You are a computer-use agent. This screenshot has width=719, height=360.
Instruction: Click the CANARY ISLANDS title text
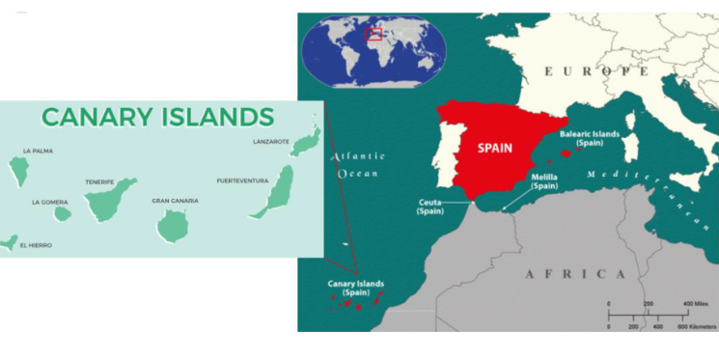(157, 118)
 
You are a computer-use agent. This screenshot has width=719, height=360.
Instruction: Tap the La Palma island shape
(18, 171)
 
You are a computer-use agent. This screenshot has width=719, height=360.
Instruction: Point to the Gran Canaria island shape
(174, 225)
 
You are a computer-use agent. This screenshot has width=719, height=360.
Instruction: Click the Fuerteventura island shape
(274, 193)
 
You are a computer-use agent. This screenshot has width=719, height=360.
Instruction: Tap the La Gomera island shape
(63, 213)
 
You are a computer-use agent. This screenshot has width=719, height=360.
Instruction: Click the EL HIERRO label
(36, 245)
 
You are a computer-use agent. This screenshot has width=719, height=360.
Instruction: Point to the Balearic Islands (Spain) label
(590, 138)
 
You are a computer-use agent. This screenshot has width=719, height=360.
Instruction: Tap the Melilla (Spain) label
(544, 181)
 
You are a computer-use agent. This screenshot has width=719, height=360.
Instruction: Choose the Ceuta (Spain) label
(429, 207)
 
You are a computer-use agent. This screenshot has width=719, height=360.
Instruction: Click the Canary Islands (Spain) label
(356, 288)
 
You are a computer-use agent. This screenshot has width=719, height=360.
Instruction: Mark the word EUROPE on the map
(596, 71)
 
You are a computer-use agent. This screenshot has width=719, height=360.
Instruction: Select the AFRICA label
(574, 274)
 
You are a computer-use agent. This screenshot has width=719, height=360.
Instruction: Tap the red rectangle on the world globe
(373, 35)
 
